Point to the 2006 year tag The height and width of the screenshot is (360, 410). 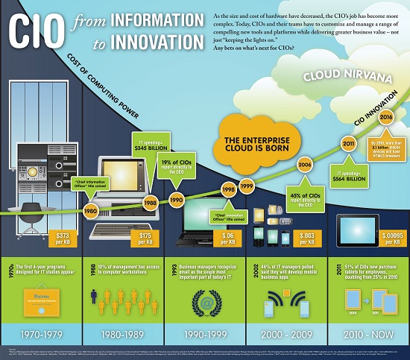pos(304,165)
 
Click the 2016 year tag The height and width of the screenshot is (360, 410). pos(386,116)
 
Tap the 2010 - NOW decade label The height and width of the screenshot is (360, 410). pos(368,326)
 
